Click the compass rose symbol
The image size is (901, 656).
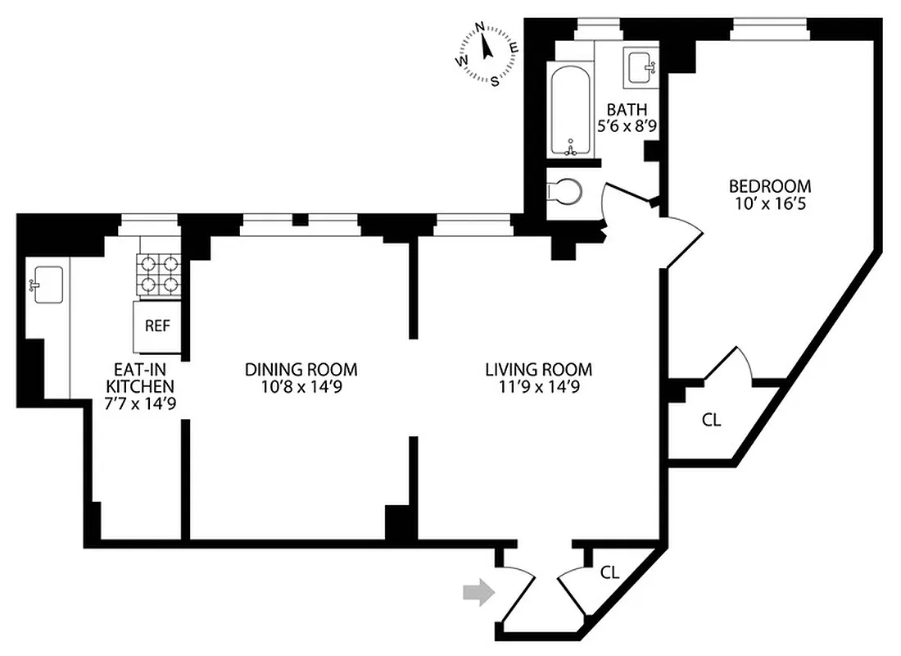[487, 52]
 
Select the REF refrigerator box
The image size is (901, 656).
[156, 326]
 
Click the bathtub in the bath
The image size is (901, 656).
[573, 112]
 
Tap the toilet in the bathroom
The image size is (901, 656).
[566, 190]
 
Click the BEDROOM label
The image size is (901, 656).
[771, 186]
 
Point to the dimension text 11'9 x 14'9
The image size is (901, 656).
[537, 388]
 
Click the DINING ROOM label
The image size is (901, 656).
[301, 370]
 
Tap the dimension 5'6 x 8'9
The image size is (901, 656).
[627, 126]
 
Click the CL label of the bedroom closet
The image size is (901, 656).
[712, 420]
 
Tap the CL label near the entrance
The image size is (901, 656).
[609, 572]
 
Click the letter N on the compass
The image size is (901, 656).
[481, 26]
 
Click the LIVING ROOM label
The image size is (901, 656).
[537, 370]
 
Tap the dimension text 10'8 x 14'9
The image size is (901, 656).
[301, 388]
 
